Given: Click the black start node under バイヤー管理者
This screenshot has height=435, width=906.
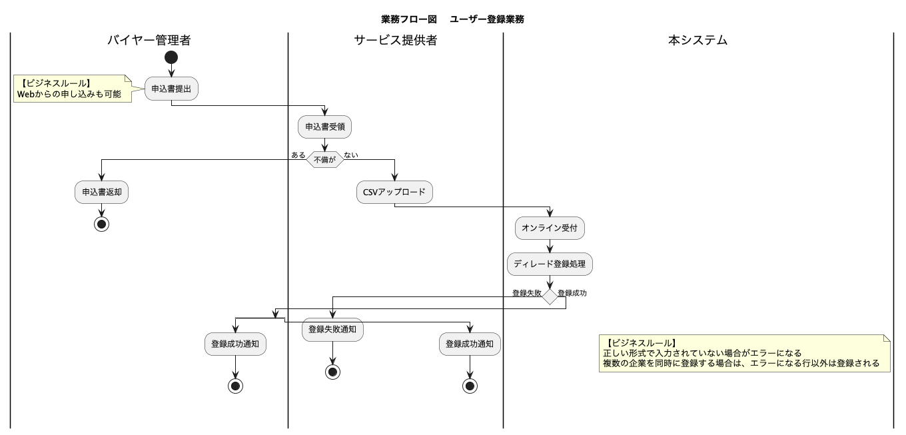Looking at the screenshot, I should pos(171,57).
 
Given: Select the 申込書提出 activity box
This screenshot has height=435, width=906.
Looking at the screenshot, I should pos(171,89).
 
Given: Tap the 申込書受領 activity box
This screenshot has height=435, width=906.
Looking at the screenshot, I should pos(324,126).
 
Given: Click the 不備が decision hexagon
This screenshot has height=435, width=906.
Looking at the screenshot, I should pos(324,159).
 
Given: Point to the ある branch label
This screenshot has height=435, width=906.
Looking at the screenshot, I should pos(298,155).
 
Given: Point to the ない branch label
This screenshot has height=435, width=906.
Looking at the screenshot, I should pos(351,155).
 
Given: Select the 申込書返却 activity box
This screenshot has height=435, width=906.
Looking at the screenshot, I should pos(101,192).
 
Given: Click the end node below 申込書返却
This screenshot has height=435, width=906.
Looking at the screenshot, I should pos(101,224).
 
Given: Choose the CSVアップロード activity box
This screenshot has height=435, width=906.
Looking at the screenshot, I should pos(394,192).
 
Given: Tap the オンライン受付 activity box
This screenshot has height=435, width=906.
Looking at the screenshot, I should pos(550,228).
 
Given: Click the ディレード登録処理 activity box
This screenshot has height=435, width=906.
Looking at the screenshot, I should pos(550,264).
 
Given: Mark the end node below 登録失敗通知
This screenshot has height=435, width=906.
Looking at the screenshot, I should pos(332,372).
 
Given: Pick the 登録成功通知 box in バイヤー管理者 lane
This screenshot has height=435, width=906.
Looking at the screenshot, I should pos(235,344).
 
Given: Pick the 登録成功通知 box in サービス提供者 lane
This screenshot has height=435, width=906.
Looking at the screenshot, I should pos(470,344).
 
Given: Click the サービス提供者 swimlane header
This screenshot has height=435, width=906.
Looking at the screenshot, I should pos(395,41).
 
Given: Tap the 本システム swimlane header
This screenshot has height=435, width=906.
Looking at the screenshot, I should pos(697,41).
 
